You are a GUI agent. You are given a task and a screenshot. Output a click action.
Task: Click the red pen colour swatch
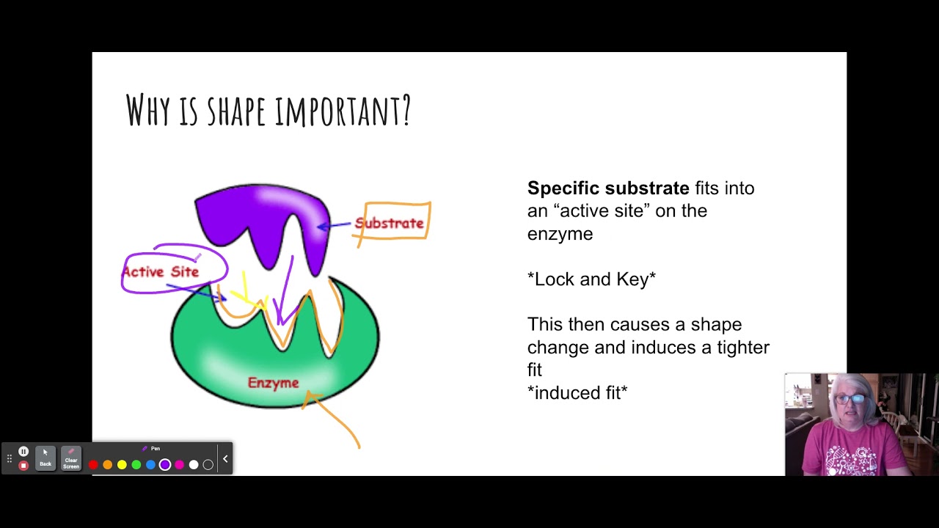(x=93, y=464)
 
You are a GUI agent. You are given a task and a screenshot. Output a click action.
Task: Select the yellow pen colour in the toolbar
(x=122, y=464)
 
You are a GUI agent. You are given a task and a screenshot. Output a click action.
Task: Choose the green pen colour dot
(x=136, y=464)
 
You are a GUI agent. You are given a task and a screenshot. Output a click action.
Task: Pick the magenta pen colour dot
(x=180, y=464)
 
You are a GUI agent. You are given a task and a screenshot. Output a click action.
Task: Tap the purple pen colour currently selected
(x=165, y=464)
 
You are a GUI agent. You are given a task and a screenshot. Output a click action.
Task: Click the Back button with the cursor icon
(x=45, y=458)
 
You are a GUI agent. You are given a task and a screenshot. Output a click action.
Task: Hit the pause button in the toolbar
(x=23, y=452)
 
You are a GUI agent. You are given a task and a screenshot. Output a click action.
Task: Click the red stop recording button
(x=23, y=465)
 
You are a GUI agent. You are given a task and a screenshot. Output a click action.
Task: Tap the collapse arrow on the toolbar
(x=225, y=459)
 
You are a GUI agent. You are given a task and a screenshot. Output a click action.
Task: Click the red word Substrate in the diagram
(x=389, y=223)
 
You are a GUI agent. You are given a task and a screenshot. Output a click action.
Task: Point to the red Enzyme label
(x=273, y=383)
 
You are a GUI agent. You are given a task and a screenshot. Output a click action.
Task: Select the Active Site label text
(x=161, y=271)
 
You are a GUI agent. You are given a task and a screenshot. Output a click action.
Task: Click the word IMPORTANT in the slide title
(x=343, y=111)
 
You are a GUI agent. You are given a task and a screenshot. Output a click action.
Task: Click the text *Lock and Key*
(x=591, y=279)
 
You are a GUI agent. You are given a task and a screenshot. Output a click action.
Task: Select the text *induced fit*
(x=577, y=393)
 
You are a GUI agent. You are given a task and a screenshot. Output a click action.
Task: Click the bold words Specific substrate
(x=608, y=188)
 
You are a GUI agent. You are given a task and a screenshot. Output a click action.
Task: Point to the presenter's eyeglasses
(x=850, y=399)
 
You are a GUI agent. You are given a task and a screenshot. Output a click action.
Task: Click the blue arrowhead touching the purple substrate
(x=321, y=227)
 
